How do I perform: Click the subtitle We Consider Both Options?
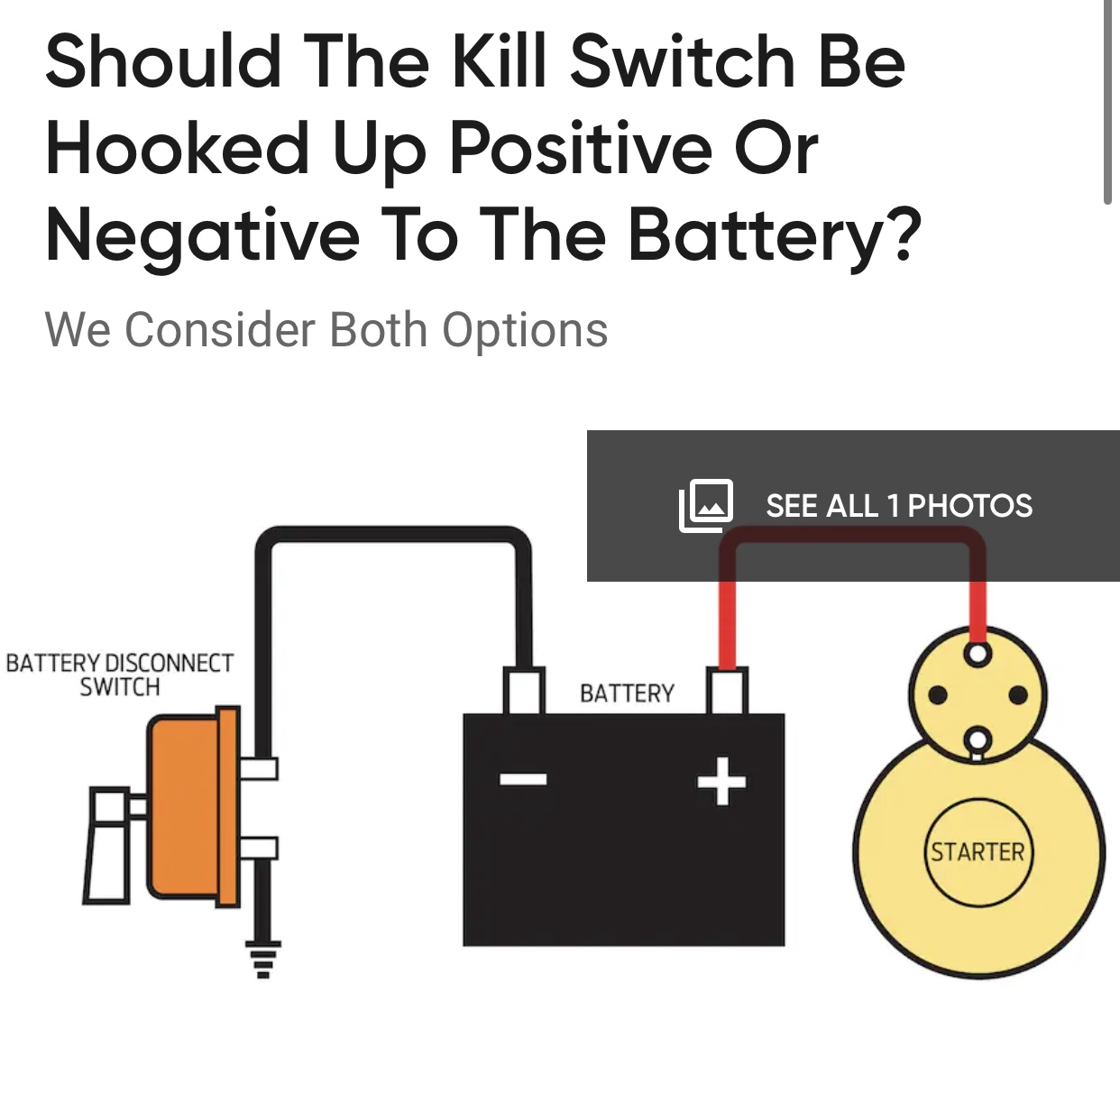326,329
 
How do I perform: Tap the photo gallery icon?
706,505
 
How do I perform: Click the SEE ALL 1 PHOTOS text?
899,506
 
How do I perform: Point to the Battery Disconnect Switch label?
120,675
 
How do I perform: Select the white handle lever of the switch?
107,845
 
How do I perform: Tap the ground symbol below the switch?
262,959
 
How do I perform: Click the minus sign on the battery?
523,779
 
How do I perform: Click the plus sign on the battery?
722,781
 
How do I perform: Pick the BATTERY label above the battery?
627,694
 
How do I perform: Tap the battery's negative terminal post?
524,691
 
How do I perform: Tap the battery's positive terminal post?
727,691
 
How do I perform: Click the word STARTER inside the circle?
978,853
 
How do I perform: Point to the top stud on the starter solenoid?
978,654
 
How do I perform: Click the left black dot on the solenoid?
938,694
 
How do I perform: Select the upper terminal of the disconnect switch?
259,768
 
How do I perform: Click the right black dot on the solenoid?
1018,694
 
